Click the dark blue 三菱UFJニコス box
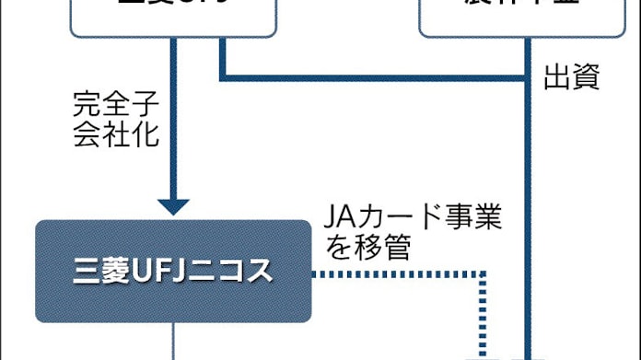(173, 271)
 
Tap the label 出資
(572, 79)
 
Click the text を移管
(366, 246)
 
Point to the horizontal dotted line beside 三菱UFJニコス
(396, 273)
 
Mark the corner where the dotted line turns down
(482, 273)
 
